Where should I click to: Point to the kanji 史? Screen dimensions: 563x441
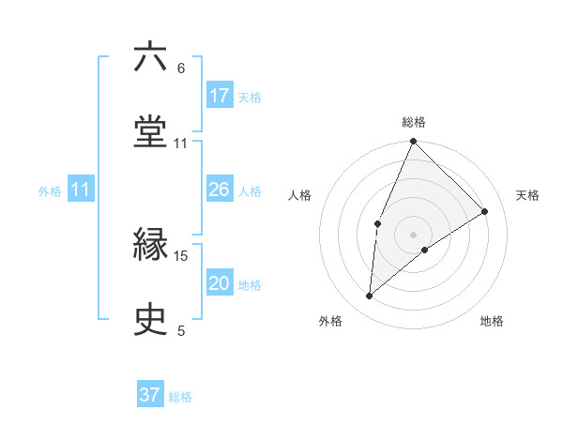pyautogui.click(x=151, y=319)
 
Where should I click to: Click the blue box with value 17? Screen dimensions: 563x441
pyautogui.click(x=220, y=95)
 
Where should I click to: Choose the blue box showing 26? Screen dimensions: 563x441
pyautogui.click(x=220, y=190)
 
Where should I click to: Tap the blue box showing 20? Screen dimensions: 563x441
pyautogui.click(x=220, y=283)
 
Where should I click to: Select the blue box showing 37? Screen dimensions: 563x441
pyautogui.click(x=150, y=395)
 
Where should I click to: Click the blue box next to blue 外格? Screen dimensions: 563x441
pyautogui.click(x=81, y=190)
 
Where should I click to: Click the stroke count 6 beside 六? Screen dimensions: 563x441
pyautogui.click(x=181, y=68)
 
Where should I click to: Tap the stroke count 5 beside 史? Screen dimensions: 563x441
pyautogui.click(x=181, y=330)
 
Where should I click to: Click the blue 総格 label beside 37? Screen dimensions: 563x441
pyautogui.click(x=180, y=397)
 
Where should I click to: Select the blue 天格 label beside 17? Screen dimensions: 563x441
pyautogui.click(x=250, y=97)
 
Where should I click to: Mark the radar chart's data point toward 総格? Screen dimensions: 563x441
pyautogui.click(x=413, y=142)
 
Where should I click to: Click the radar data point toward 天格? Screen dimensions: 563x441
pyautogui.click(x=485, y=211)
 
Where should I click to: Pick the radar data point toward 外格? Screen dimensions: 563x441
pyautogui.click(x=370, y=297)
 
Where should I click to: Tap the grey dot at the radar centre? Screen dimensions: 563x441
pyautogui.click(x=413, y=234)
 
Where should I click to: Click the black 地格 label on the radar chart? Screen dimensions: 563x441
pyautogui.click(x=492, y=322)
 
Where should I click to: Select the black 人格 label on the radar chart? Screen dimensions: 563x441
pyautogui.click(x=300, y=195)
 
